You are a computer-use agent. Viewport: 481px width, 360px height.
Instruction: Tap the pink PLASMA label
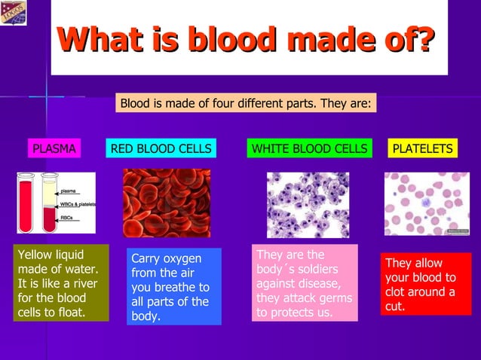point(54,149)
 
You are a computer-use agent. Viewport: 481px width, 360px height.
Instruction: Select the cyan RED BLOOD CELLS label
point(161,149)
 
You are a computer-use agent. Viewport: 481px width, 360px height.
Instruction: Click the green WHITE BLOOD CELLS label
point(309,149)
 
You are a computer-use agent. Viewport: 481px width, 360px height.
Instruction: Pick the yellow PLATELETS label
point(423,149)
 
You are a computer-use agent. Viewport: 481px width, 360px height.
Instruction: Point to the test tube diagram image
point(56,203)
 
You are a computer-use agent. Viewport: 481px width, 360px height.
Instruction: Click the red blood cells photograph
point(167,203)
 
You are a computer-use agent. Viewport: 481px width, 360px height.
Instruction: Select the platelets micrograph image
point(427,204)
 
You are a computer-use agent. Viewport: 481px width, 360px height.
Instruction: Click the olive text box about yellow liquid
point(60,283)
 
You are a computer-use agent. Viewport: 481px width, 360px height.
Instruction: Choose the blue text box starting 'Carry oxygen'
point(173,287)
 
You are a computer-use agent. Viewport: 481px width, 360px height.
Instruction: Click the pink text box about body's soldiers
point(304,283)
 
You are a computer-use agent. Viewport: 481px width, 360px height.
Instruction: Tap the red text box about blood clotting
point(425,284)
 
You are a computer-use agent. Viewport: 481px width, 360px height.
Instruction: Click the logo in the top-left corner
point(14,13)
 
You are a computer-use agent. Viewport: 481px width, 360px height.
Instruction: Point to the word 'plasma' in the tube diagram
point(69,191)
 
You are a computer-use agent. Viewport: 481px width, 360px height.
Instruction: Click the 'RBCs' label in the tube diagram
point(68,218)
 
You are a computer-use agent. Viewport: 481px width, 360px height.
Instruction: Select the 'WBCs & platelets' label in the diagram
point(78,204)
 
